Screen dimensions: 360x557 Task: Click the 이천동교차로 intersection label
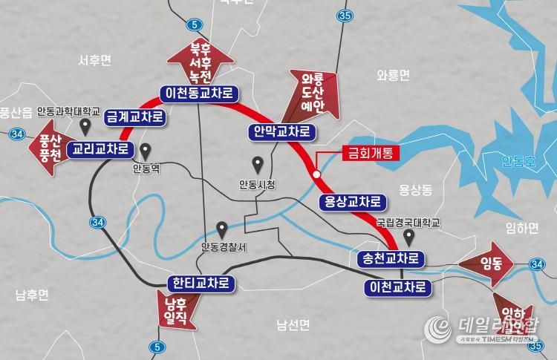coord(200,93)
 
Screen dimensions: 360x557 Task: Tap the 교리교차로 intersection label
coord(100,149)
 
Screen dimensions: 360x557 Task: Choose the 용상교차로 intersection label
coord(353,201)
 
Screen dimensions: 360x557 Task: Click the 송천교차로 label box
coord(391,259)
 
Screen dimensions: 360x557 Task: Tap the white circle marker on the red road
coord(317,174)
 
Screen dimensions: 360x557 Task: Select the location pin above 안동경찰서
coord(221,229)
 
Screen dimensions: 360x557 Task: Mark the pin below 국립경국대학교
coord(408,237)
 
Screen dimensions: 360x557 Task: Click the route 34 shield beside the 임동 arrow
coord(538,264)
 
